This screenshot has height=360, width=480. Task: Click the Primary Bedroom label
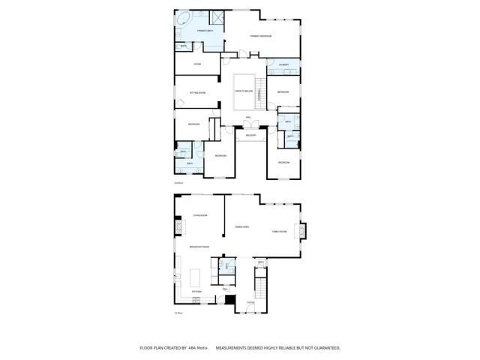pyautogui.click(x=260, y=36)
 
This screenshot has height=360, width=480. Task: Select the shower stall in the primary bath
pyautogui.click(x=218, y=18)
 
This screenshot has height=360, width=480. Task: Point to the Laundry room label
pyautogui.click(x=283, y=65)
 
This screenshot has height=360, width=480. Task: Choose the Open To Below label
pyautogui.click(x=244, y=91)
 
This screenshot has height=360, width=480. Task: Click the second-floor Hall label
pyautogui.click(x=248, y=118)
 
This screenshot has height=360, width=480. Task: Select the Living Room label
pyautogui.click(x=199, y=214)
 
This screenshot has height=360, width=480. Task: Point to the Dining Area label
pyautogui.click(x=241, y=226)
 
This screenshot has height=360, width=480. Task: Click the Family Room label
pyautogui.click(x=280, y=232)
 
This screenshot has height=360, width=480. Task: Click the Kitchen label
pyautogui.click(x=196, y=291)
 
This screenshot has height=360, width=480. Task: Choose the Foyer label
pyautogui.click(x=250, y=302)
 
